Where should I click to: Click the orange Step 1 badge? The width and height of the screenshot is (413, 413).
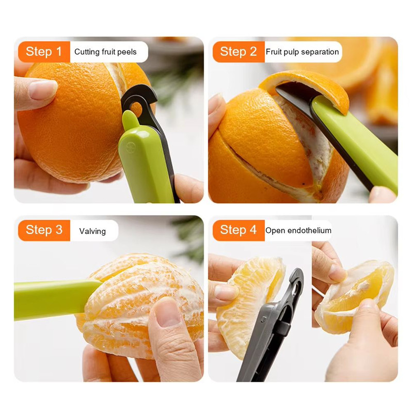[44, 52]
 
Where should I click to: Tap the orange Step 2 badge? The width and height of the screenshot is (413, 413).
[238, 52]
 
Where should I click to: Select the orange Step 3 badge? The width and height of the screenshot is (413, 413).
[44, 230]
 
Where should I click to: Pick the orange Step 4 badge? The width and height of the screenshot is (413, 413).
[238, 230]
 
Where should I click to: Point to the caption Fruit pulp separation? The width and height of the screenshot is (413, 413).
[302, 52]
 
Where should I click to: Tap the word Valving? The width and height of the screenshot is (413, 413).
[92, 231]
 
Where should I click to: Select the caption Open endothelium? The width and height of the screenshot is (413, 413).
[298, 230]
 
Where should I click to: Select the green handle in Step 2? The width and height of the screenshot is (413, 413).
[356, 142]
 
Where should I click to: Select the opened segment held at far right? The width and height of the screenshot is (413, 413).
[356, 294]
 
